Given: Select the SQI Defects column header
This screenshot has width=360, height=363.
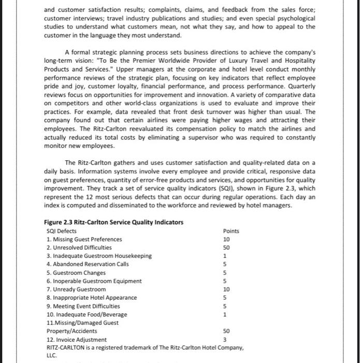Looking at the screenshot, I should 61,231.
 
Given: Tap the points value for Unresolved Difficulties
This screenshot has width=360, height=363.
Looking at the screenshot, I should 226,247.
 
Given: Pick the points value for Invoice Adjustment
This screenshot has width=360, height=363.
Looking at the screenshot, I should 226,339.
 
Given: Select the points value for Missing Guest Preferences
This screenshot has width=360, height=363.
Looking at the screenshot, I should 226,239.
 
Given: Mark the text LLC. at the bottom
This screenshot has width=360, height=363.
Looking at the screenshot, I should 52,355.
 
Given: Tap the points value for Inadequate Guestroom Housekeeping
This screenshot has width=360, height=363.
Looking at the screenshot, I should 226,256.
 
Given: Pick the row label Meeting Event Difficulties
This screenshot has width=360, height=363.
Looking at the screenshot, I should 83,305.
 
